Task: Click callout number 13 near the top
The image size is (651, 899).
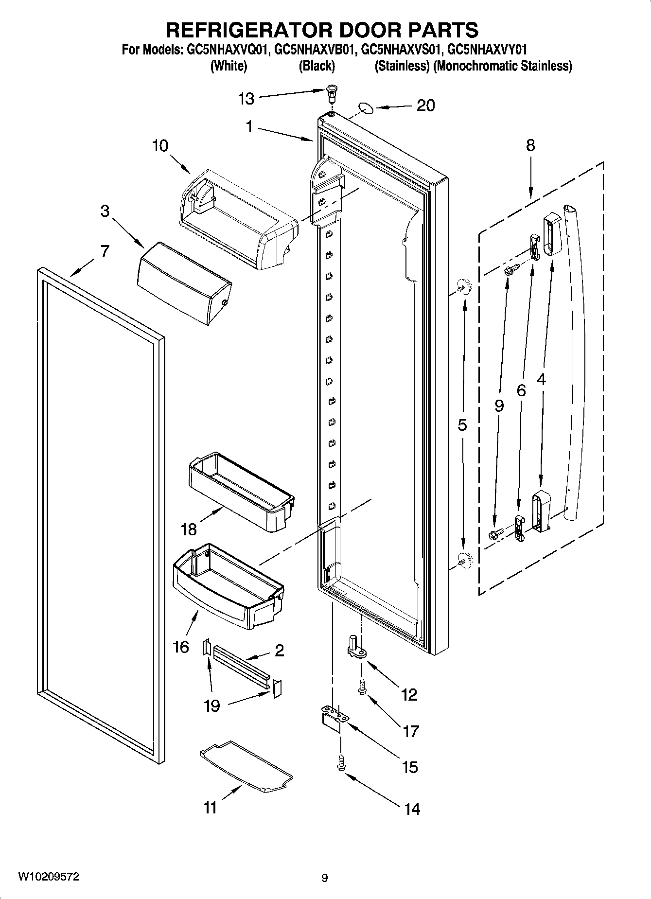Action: [x=246, y=99]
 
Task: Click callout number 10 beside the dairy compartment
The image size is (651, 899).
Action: [x=160, y=145]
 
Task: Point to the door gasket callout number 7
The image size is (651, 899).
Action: [x=105, y=251]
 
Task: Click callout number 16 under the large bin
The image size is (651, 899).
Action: [x=180, y=647]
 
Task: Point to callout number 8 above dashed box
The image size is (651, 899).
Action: [x=530, y=145]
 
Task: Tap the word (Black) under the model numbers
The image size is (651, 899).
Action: [x=317, y=66]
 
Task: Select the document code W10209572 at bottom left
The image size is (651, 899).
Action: [x=49, y=877]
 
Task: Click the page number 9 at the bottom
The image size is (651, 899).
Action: [x=324, y=878]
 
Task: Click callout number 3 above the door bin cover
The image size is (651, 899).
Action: [x=105, y=212]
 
